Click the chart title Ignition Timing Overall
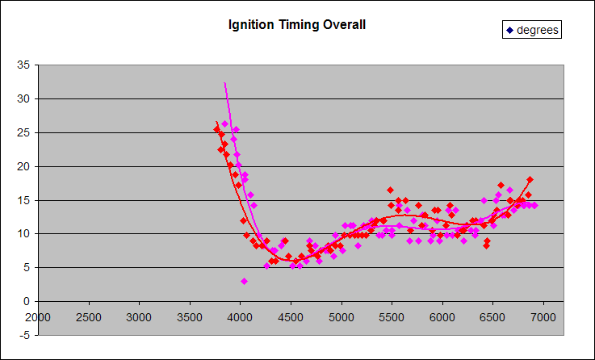(x=297, y=25)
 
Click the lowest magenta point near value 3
(x=244, y=281)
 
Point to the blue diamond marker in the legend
(x=510, y=31)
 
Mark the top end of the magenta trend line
(x=224, y=82)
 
